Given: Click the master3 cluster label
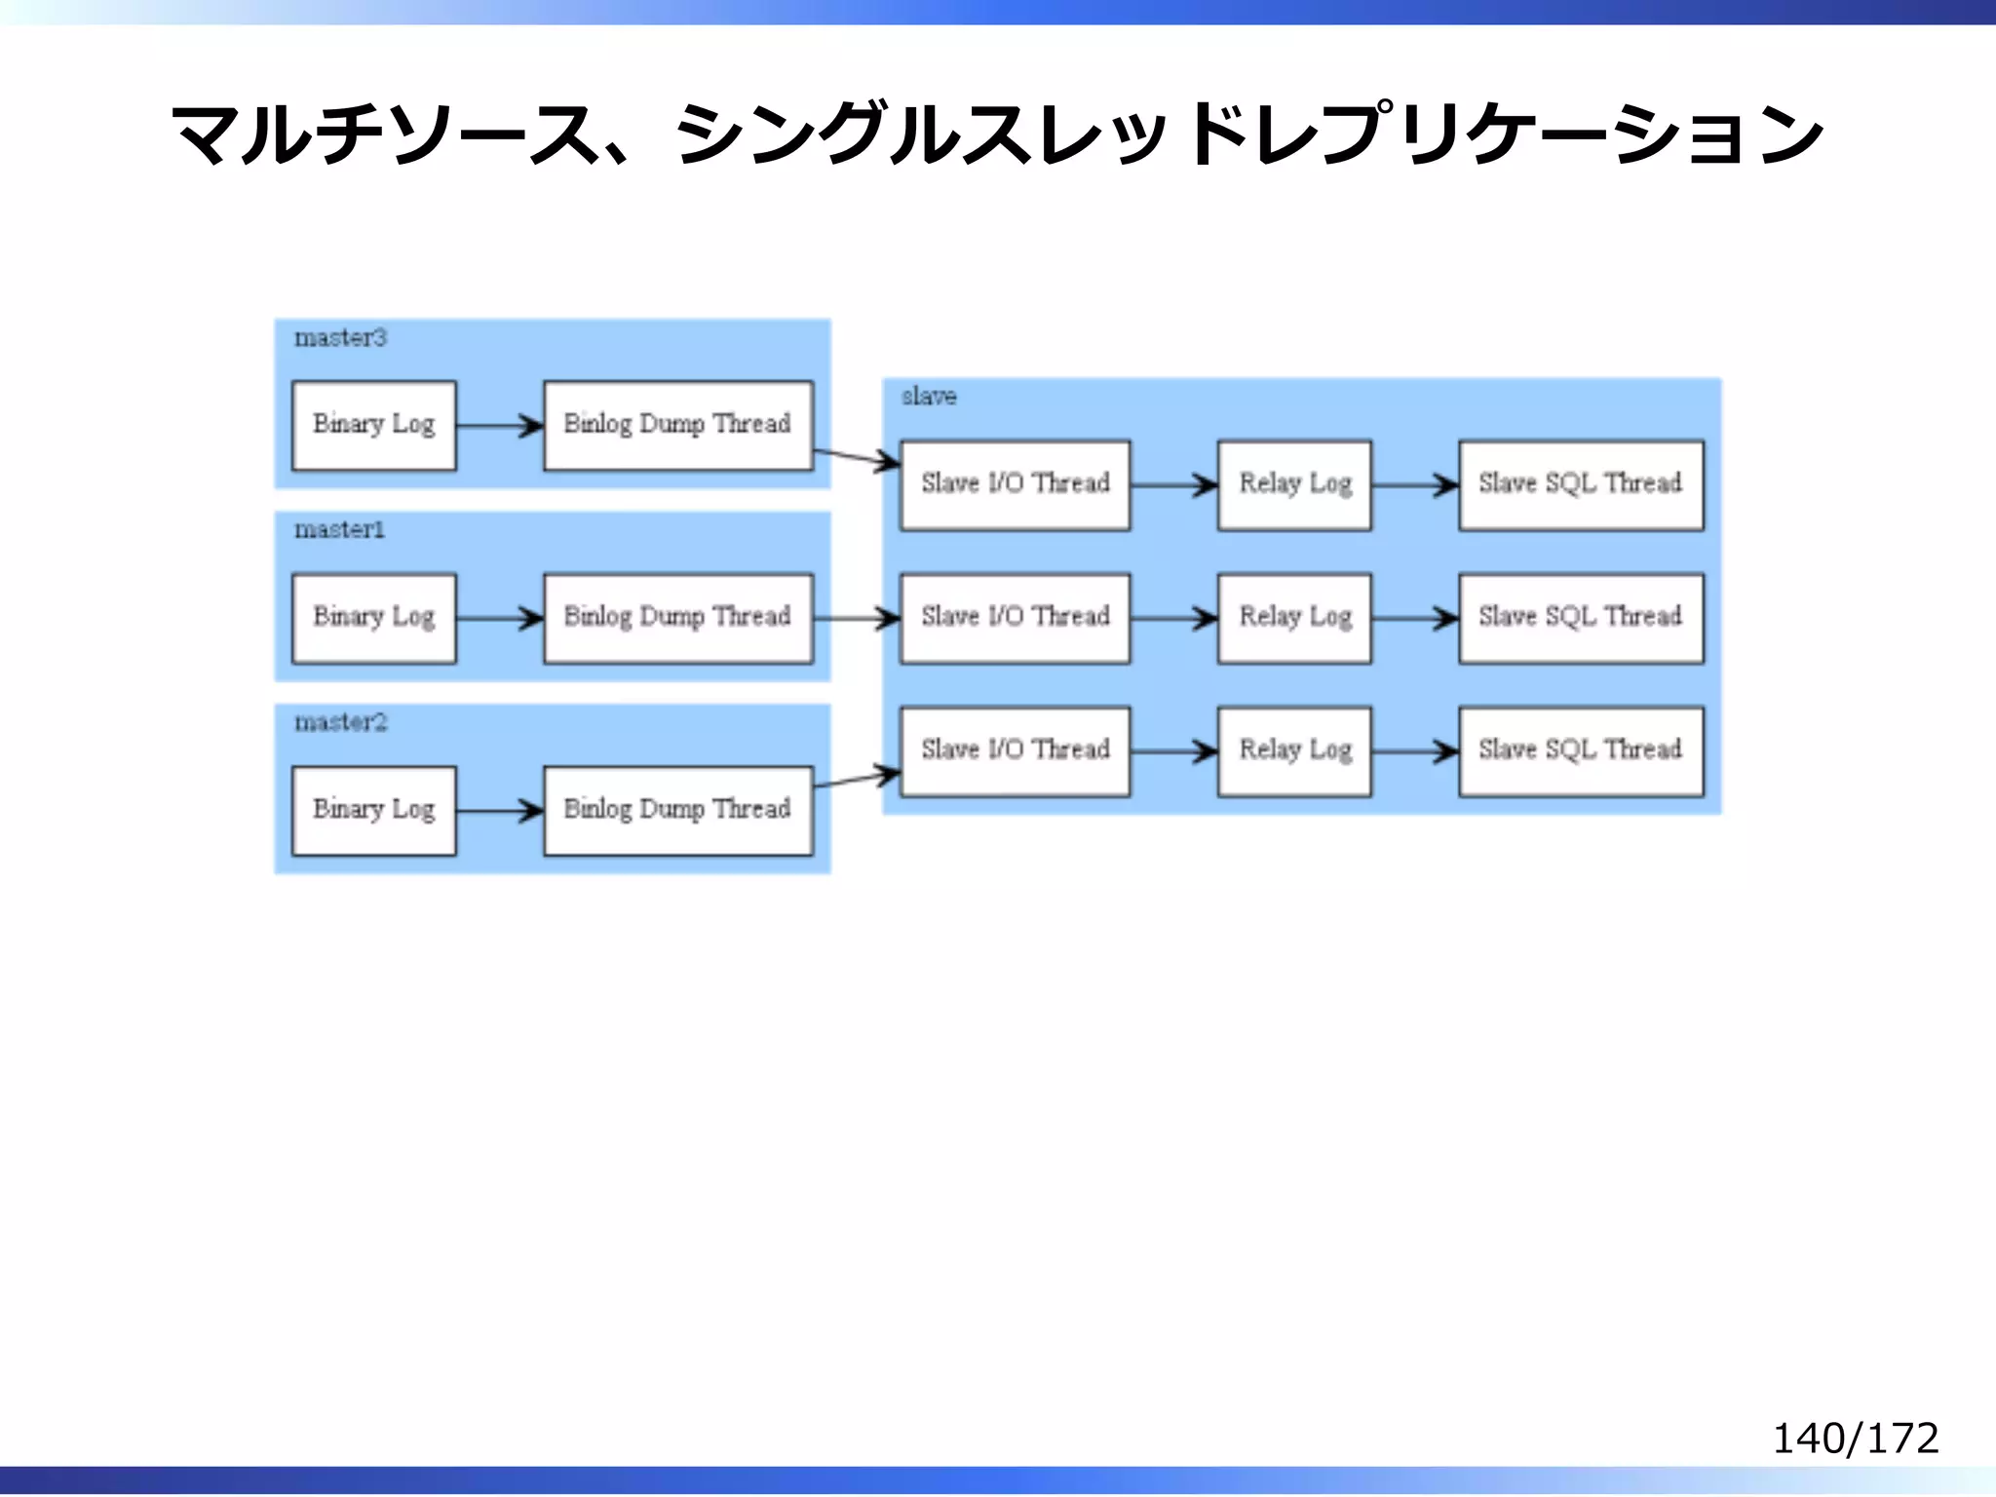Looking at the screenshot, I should pyautogui.click(x=340, y=338).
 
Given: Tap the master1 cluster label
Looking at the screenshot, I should pyautogui.click(x=339, y=530).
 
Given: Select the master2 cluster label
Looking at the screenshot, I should pyautogui.click(x=340, y=722).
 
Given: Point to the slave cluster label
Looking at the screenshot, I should pyautogui.click(x=928, y=397).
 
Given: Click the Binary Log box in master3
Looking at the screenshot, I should pyautogui.click(x=374, y=425).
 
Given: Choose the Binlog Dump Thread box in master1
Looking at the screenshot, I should pyautogui.click(x=677, y=618).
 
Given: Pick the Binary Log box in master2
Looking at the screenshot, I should pyautogui.click(x=374, y=810).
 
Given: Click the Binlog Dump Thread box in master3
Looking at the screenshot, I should pyautogui.click(x=677, y=425).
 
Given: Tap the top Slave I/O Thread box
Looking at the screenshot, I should pyautogui.click(x=1015, y=484).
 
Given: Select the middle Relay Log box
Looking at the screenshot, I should pyautogui.click(x=1294, y=618).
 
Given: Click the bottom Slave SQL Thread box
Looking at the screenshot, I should pyautogui.click(x=1580, y=750).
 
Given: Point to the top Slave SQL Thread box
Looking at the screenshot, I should pyautogui.click(x=1580, y=484).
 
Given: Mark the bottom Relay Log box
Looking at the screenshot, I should pyautogui.click(x=1294, y=750).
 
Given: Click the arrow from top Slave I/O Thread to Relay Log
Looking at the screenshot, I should pyautogui.click(x=1173, y=484).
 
